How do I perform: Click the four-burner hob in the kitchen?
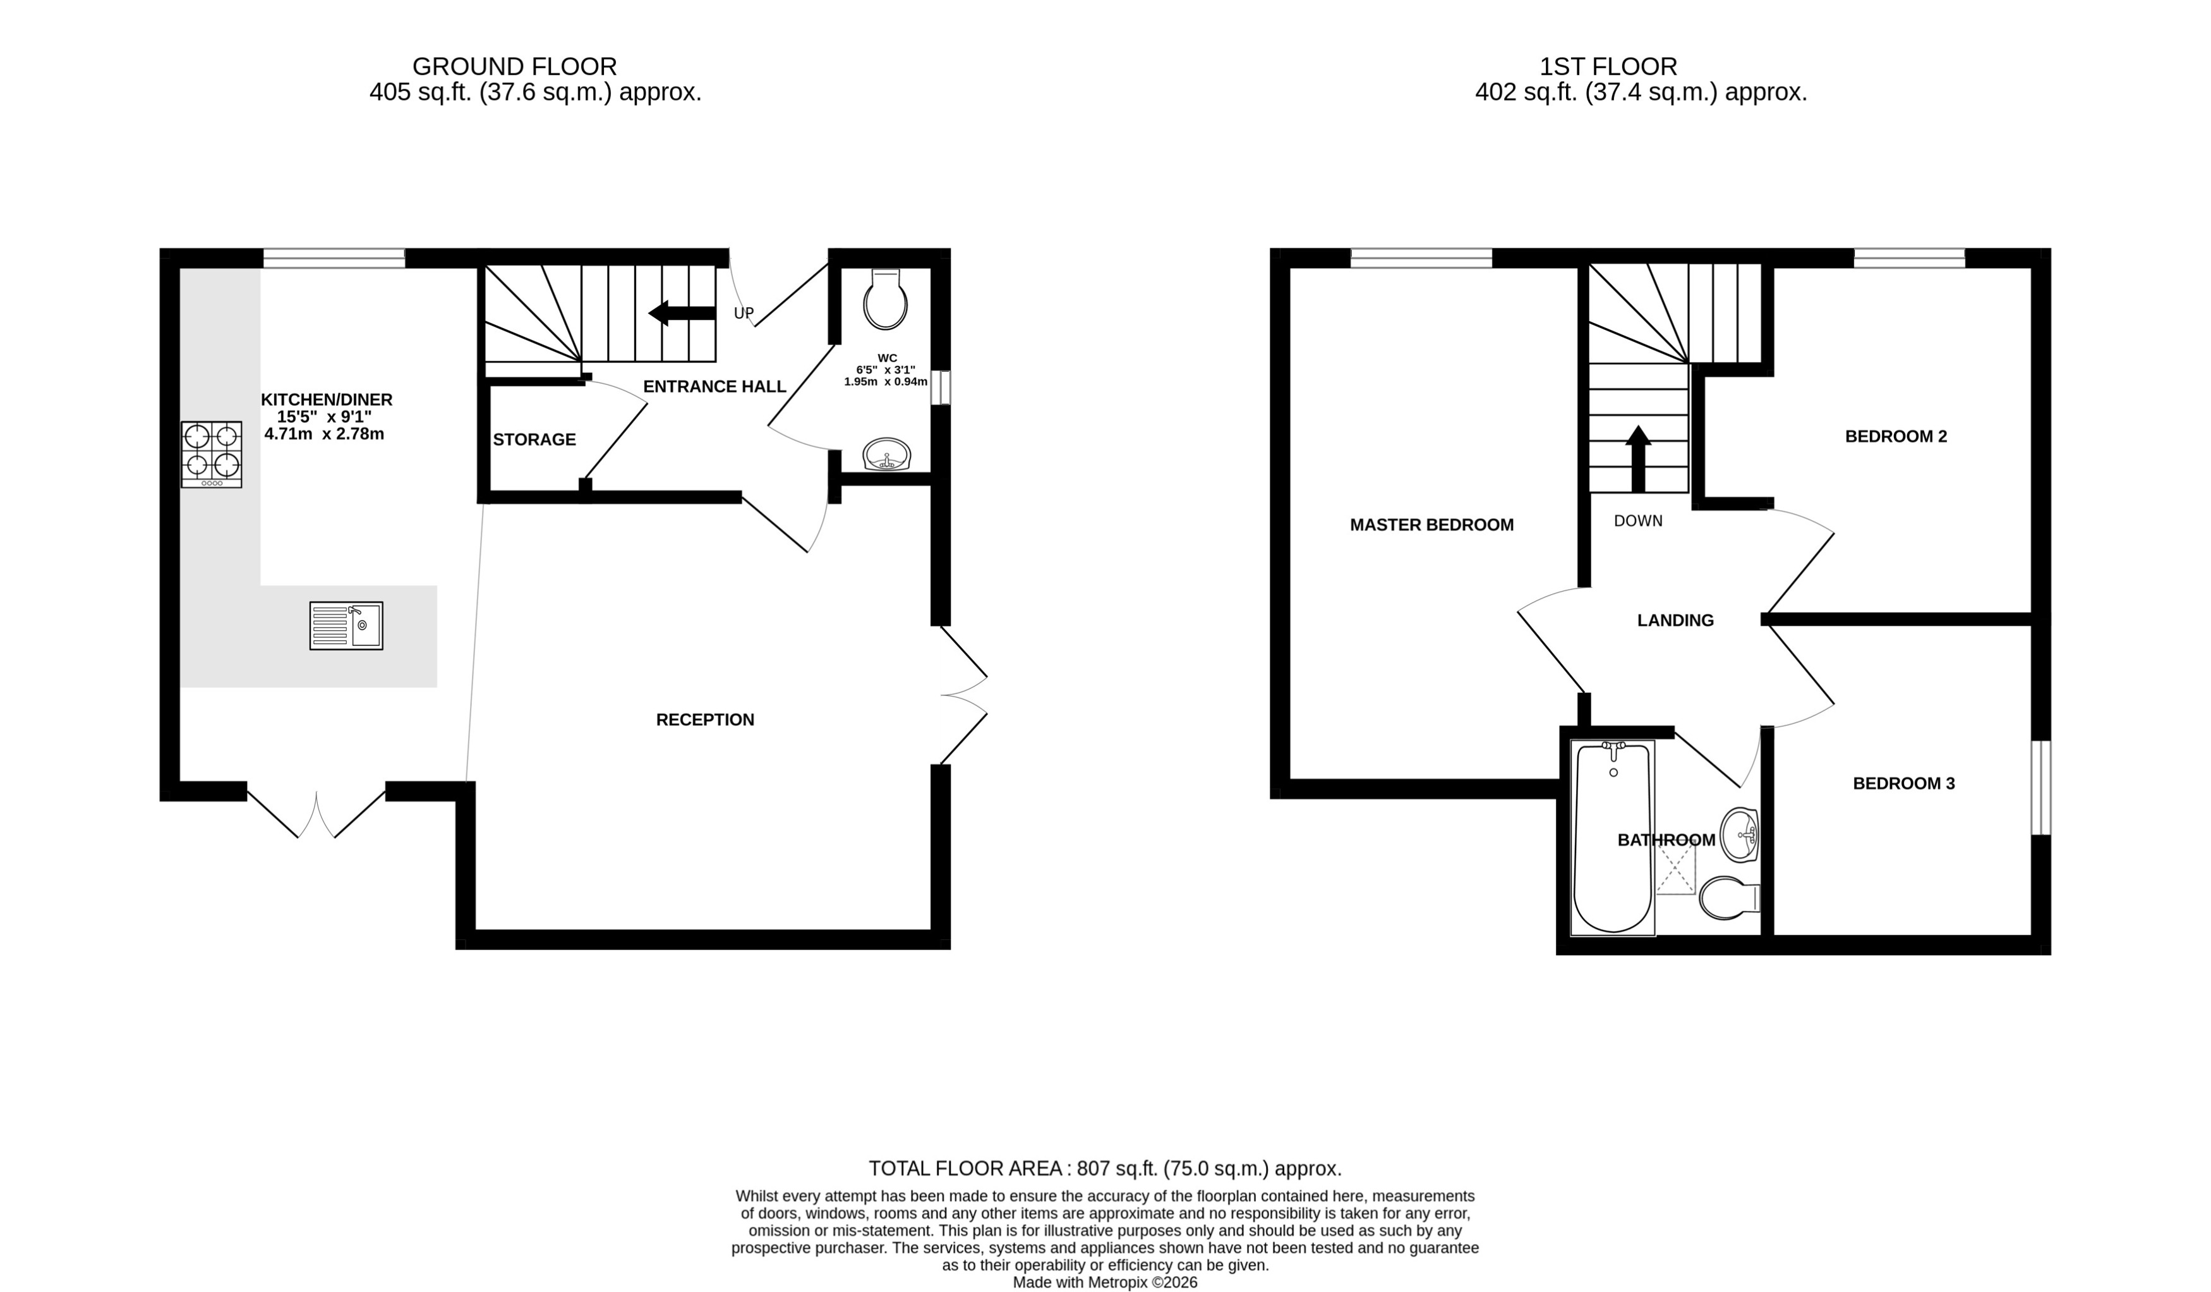pyautogui.click(x=212, y=454)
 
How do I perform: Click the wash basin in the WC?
pyautogui.click(x=887, y=454)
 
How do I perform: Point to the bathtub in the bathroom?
pyautogui.click(x=1613, y=838)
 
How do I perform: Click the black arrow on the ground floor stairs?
pyautogui.click(x=682, y=312)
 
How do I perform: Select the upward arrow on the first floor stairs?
pyautogui.click(x=1637, y=457)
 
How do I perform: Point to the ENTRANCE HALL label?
pyautogui.click(x=714, y=386)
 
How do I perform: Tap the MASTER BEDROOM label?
pyautogui.click(x=1431, y=525)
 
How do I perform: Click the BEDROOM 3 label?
pyautogui.click(x=1903, y=784)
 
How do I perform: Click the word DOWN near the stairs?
pyautogui.click(x=1637, y=520)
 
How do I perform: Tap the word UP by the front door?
pyautogui.click(x=743, y=314)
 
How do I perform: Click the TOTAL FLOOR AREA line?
pyautogui.click(x=1105, y=1168)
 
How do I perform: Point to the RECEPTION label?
pyautogui.click(x=704, y=720)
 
